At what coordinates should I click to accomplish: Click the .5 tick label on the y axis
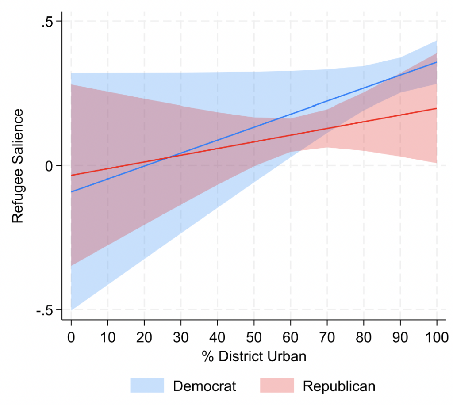coord(47,22)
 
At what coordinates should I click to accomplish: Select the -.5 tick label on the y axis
coord(45,310)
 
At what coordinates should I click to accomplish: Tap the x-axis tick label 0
coord(71,337)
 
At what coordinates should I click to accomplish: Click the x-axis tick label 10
coord(107,337)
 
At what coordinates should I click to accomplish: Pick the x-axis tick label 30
coord(181,337)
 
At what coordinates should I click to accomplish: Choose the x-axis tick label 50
coord(254,337)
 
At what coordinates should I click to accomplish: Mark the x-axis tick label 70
coord(327,337)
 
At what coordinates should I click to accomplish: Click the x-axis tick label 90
coord(400,337)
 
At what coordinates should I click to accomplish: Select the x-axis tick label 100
coord(437,337)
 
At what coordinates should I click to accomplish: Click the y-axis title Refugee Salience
coord(17,166)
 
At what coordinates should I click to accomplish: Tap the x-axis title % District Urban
coord(254,356)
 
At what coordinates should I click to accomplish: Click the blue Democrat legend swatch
coord(147,386)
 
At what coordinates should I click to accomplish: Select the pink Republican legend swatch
coord(277,386)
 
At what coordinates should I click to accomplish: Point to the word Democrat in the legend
coord(204,386)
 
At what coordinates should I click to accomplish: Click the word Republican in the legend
coord(339,386)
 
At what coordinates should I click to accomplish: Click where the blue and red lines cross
coord(169,157)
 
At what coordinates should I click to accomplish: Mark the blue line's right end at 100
coord(437,62)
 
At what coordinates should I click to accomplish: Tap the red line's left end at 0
coord(71,175)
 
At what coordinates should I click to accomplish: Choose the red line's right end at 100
coord(437,108)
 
